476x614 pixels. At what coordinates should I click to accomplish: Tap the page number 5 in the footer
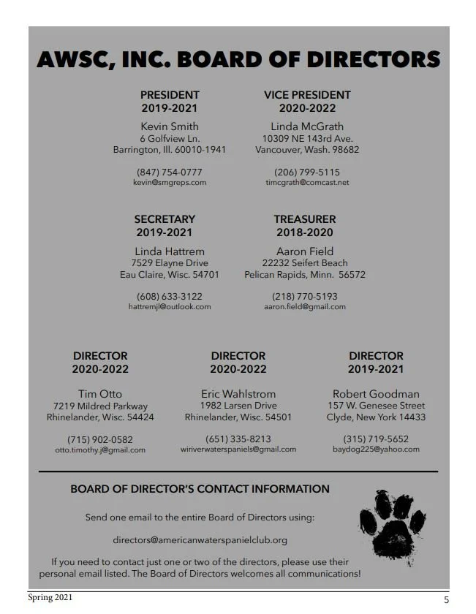(x=446, y=600)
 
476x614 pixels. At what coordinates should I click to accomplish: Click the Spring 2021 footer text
(x=50, y=598)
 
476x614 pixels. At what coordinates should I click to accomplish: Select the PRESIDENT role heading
(x=170, y=95)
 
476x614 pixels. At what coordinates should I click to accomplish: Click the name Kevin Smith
(x=170, y=126)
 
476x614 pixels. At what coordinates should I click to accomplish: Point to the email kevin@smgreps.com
(x=170, y=182)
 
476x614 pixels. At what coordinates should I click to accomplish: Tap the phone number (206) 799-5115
(x=307, y=172)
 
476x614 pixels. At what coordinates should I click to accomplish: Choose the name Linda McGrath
(x=307, y=126)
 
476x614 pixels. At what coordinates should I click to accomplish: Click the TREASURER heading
(x=305, y=219)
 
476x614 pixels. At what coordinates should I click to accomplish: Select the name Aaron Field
(x=305, y=251)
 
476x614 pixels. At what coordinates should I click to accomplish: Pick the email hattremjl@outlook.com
(x=170, y=306)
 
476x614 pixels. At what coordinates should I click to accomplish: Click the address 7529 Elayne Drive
(x=170, y=262)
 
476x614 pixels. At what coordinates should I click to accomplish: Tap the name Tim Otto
(x=100, y=393)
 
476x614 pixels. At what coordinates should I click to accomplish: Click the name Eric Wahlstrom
(x=238, y=393)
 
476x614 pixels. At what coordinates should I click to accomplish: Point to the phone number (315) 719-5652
(x=376, y=439)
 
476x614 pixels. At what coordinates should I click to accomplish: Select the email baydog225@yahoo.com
(x=376, y=450)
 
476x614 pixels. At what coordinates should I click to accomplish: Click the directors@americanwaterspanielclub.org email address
(x=200, y=540)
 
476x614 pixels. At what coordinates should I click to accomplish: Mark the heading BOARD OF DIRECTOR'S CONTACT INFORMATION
(x=200, y=489)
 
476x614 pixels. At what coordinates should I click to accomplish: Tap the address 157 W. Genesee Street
(x=376, y=406)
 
